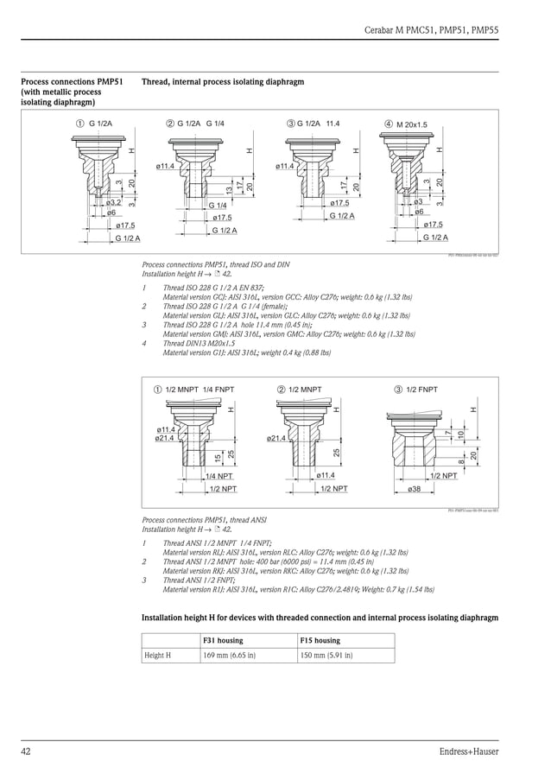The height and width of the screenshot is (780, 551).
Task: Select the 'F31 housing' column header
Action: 223,640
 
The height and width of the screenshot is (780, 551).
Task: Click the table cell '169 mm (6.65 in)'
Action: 229,656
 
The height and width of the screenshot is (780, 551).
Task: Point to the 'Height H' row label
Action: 158,656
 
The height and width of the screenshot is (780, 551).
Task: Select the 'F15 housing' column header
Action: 320,640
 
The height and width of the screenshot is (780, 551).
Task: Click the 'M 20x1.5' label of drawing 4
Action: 412,124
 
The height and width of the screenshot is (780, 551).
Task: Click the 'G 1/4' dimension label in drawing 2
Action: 218,206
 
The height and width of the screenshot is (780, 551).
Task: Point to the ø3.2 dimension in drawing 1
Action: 112,203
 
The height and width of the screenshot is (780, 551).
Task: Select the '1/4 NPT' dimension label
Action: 218,476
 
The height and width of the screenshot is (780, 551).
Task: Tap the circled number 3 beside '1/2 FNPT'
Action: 398,390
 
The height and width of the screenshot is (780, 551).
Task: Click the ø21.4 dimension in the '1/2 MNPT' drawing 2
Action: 277,439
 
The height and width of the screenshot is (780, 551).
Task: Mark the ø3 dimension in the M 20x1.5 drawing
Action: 418,201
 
